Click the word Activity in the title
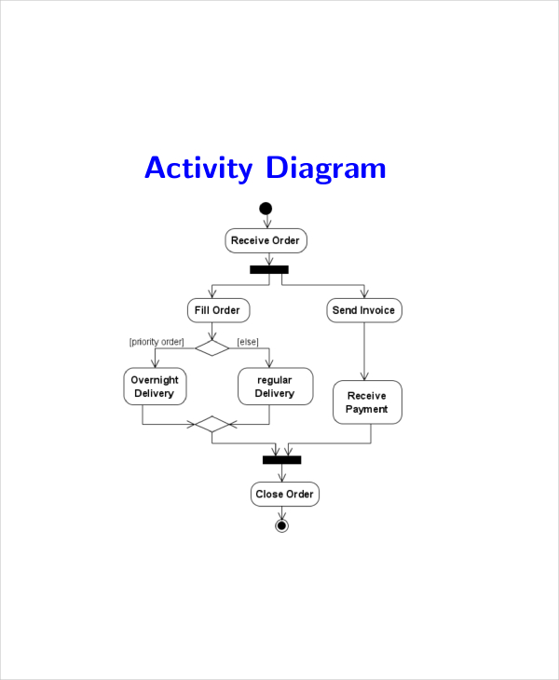click(198, 170)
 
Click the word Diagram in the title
click(325, 170)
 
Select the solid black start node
click(266, 209)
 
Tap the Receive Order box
click(266, 240)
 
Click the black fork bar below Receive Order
click(269, 269)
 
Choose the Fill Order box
click(218, 310)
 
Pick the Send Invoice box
click(363, 310)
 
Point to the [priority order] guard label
click(157, 342)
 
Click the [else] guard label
click(248, 342)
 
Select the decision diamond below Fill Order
click(212, 347)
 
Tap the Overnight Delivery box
click(155, 387)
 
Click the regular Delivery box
click(275, 387)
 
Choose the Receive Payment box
click(367, 402)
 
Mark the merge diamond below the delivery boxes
click(212, 425)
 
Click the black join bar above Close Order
click(281, 459)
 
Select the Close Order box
click(285, 494)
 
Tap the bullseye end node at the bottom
click(281, 525)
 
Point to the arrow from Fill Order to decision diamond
click(213, 330)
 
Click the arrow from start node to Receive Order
click(266, 222)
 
